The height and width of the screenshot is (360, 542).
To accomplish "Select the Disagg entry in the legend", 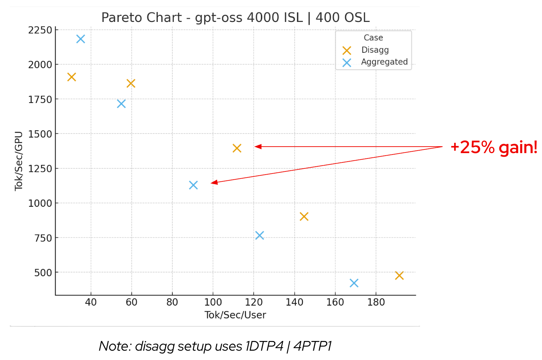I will [x=375, y=50].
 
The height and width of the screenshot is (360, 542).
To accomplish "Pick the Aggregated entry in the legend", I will [x=384, y=62].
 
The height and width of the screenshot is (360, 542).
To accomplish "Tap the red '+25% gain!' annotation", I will [x=494, y=147].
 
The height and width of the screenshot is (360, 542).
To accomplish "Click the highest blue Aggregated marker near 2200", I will [x=81, y=39].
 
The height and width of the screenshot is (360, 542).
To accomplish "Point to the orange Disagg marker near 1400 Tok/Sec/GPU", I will [x=237, y=148].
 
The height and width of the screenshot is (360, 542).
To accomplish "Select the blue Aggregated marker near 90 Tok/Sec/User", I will [x=193, y=185].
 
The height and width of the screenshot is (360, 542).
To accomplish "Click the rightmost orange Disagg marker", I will [x=399, y=275].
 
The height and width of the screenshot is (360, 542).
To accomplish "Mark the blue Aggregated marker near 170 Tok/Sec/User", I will [x=354, y=283].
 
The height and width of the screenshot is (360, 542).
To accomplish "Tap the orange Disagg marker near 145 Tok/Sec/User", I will [x=304, y=217].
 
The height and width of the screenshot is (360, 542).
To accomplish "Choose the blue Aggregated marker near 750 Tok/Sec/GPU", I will [x=260, y=236].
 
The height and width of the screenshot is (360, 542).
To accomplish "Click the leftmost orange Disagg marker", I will [x=72, y=77].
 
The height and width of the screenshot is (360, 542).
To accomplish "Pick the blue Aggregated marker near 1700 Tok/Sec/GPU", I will [x=121, y=104].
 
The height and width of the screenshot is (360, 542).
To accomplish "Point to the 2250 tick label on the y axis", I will [x=40, y=30].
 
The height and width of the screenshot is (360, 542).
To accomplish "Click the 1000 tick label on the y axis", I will [x=40, y=203].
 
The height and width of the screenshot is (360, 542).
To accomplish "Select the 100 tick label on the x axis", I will [x=213, y=302].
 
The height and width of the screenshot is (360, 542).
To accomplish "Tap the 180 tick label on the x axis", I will [x=376, y=302].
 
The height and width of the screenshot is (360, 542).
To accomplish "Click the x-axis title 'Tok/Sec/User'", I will [x=235, y=315].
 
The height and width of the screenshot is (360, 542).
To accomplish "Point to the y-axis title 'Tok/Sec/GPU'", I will [x=19, y=161].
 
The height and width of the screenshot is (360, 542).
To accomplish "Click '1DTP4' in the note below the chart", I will [x=265, y=346].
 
